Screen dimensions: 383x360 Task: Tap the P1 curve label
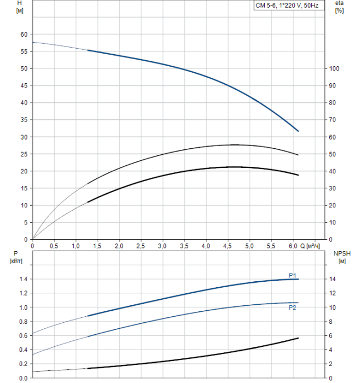293,275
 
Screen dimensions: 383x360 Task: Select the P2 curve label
293,307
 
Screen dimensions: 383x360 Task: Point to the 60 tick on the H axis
24,34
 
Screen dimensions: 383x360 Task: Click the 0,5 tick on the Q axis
54,246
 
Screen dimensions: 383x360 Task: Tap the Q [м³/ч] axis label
310,246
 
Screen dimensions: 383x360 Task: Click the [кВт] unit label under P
14,260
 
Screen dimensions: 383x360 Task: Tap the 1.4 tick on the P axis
23,279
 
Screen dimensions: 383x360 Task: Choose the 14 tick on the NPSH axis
335,279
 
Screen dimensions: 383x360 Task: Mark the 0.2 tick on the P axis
23,364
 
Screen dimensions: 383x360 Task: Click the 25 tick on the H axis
24,154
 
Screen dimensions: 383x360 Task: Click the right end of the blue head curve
298,131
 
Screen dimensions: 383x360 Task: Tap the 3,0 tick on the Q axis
162,246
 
